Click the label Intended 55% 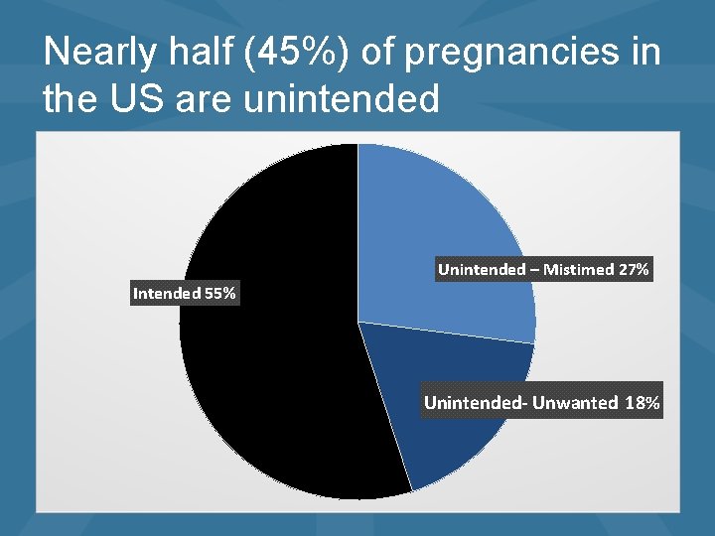pos(185,293)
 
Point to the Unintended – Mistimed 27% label pos(543,269)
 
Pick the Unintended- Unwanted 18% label pos(541,403)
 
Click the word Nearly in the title pos(98,53)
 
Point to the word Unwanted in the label pos(575,403)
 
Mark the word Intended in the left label pos(166,293)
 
